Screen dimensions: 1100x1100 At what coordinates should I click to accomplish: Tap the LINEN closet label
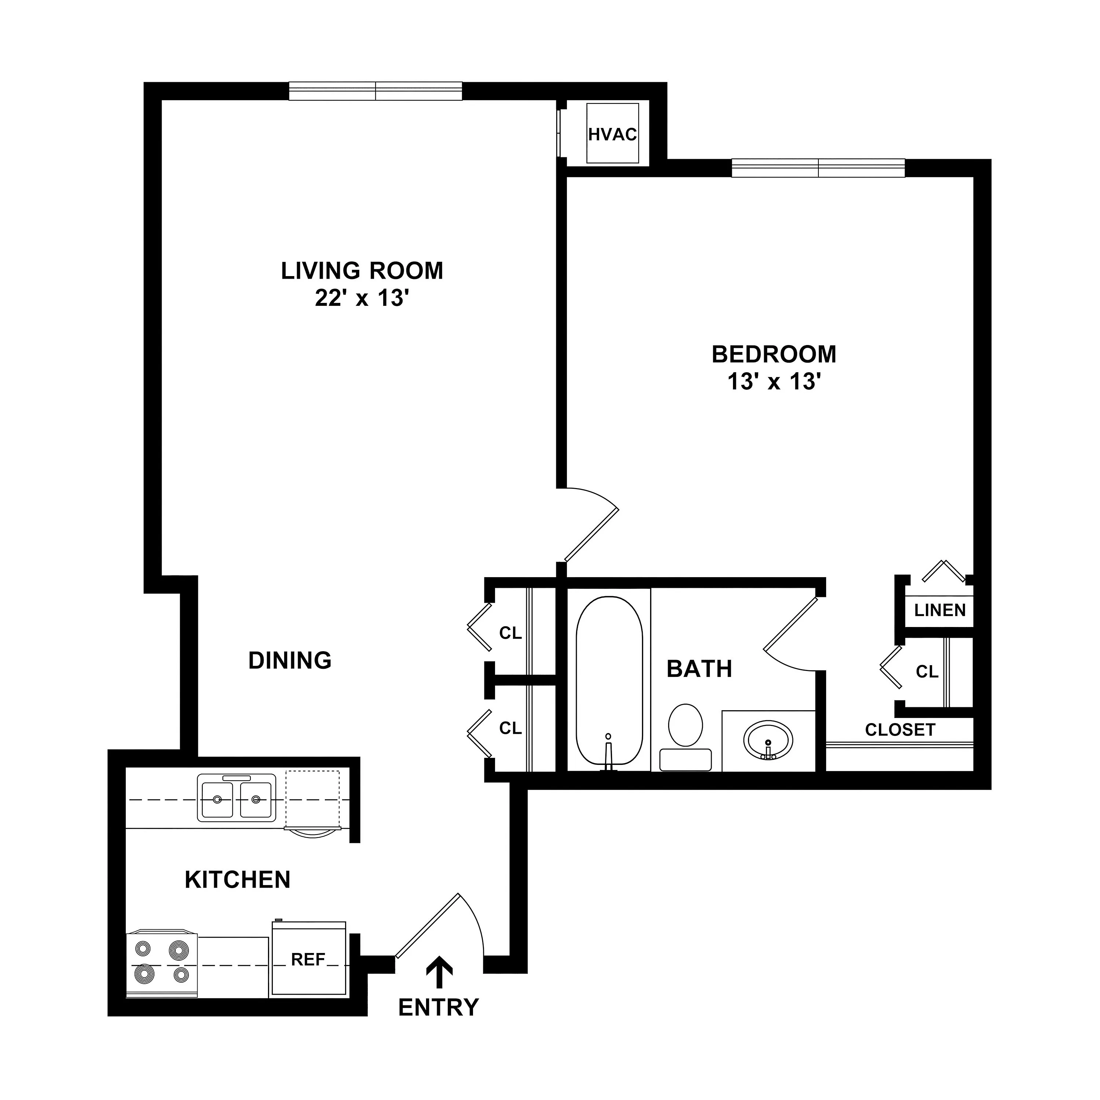click(940, 610)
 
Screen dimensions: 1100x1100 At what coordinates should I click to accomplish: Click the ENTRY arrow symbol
click(440, 971)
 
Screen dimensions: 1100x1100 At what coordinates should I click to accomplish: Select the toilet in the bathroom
click(686, 737)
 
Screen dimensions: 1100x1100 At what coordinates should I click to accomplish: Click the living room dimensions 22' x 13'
click(363, 298)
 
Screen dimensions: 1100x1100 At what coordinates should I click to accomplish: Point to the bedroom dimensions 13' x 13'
click(774, 381)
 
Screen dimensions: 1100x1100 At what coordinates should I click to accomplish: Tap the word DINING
click(290, 660)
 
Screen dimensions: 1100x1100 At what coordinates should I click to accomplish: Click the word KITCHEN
click(238, 880)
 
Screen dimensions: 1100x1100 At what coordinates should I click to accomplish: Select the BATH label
click(699, 669)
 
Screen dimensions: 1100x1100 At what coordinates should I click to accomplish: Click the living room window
click(376, 91)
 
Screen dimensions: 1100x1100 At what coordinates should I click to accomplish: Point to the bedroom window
click(818, 168)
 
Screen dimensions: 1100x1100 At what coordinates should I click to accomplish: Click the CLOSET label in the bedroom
click(900, 730)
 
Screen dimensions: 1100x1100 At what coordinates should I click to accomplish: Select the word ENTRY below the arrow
click(439, 1007)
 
